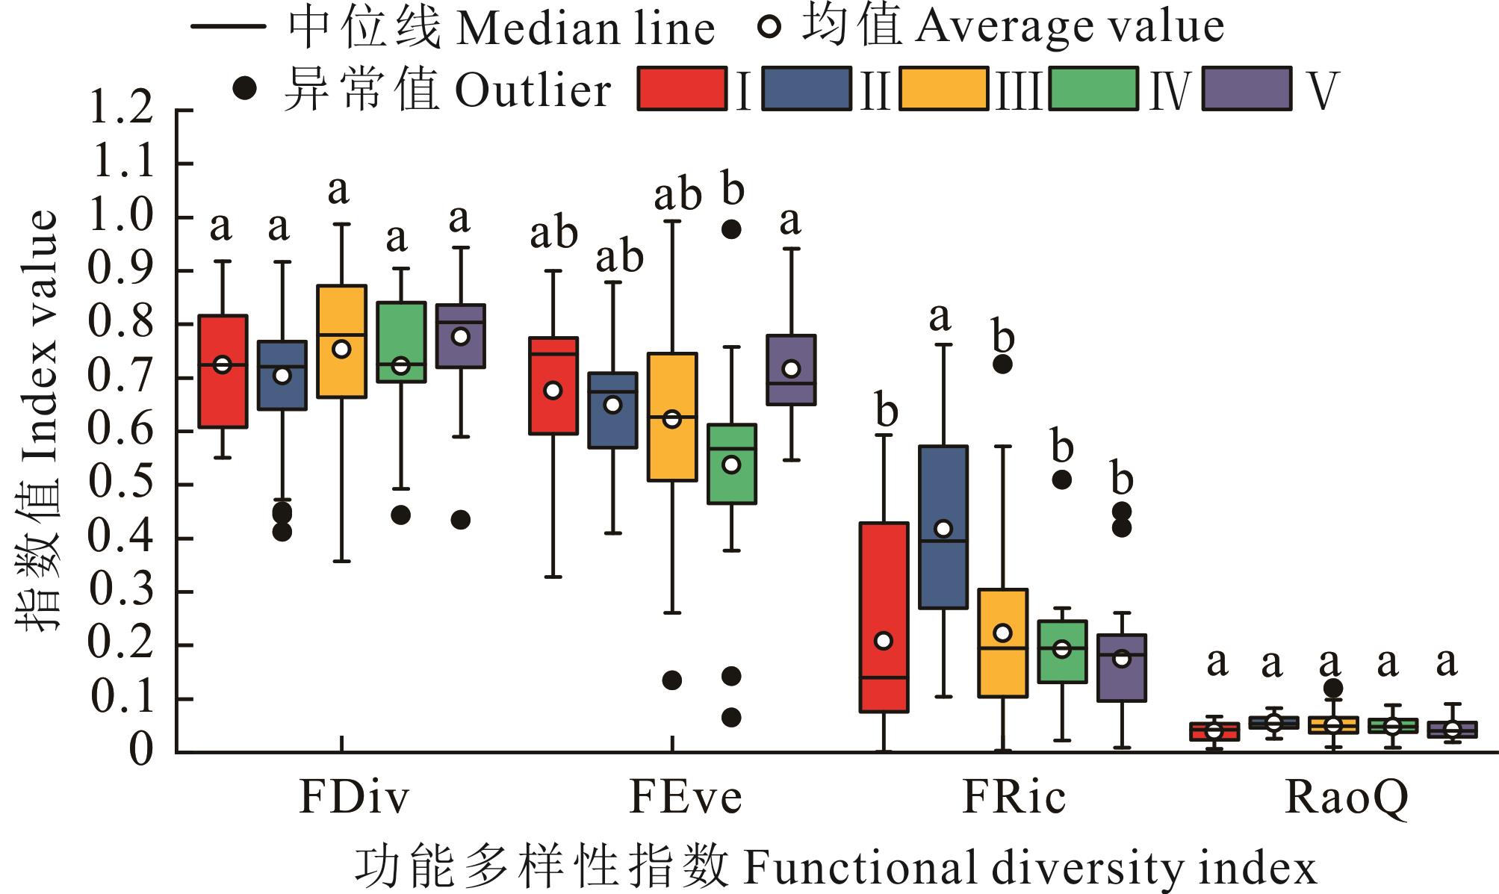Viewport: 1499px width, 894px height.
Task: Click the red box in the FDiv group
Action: pyautogui.click(x=223, y=371)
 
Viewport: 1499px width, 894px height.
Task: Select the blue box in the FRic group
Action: pyautogui.click(x=943, y=527)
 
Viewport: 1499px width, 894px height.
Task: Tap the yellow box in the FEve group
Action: pyautogui.click(x=672, y=417)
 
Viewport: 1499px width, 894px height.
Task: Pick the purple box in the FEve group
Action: pyautogui.click(x=791, y=370)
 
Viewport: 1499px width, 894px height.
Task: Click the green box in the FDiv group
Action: pyautogui.click(x=401, y=342)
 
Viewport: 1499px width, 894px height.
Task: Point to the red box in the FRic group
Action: pyautogui.click(x=884, y=617)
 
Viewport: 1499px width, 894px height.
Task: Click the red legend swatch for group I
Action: pyautogui.click(x=681, y=90)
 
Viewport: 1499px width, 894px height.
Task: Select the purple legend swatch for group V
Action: pyautogui.click(x=1247, y=90)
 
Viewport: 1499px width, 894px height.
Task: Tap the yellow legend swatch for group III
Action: pyautogui.click(x=943, y=90)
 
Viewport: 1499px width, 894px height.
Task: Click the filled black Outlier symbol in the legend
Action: pyautogui.click(x=245, y=89)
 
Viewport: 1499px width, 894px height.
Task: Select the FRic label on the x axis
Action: pyautogui.click(x=1013, y=797)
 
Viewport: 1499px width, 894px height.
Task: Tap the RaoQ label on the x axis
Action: pyautogui.click(x=1346, y=797)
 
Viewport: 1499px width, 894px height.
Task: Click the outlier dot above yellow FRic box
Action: pyautogui.click(x=1002, y=364)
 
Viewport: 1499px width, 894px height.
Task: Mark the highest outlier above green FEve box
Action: pyautogui.click(x=731, y=229)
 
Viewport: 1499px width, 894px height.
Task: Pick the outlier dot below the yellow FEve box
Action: pyautogui.click(x=672, y=680)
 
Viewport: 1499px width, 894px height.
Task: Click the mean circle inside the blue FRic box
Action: pyautogui.click(x=943, y=529)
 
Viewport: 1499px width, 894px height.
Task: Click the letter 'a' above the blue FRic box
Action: pyautogui.click(x=940, y=317)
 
